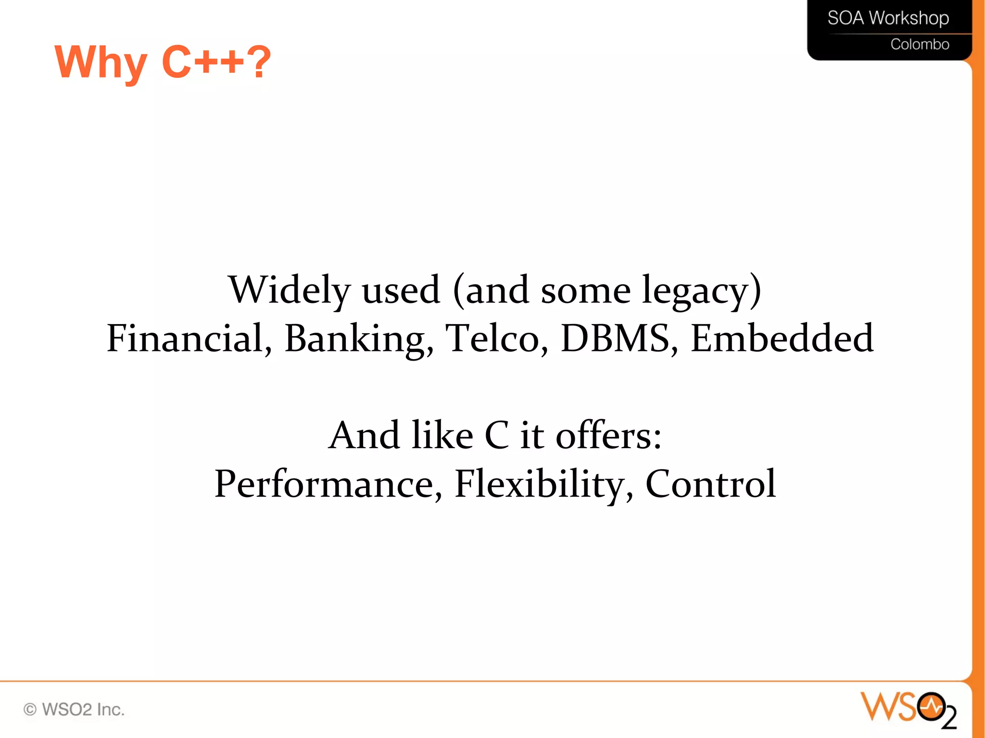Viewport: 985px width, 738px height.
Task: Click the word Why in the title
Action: click(x=101, y=63)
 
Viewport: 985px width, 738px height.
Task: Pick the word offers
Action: click(x=608, y=436)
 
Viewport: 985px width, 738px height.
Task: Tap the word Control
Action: click(x=710, y=484)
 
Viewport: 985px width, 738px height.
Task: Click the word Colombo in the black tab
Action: click(x=920, y=45)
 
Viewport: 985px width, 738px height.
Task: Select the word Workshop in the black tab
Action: click(x=909, y=18)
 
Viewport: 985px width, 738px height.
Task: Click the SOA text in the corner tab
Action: click(x=846, y=18)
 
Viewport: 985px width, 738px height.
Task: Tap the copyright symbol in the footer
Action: click(x=30, y=709)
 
